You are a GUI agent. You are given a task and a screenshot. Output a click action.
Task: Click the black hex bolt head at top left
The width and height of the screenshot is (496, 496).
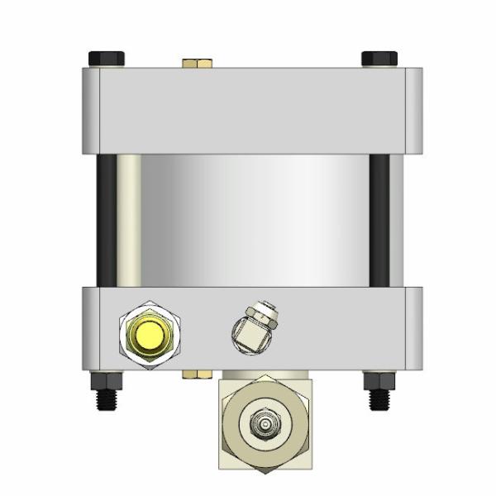106,59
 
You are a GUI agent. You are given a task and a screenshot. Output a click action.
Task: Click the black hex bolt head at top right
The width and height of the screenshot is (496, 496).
379,59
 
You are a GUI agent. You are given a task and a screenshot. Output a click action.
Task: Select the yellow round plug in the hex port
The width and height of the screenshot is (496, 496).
150,335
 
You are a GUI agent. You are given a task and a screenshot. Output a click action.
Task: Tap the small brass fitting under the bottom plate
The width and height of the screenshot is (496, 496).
196,374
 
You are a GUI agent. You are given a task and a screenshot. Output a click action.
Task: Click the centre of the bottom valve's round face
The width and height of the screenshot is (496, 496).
265,424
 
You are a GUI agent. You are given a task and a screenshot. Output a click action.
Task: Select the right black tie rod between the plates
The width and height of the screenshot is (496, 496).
379,219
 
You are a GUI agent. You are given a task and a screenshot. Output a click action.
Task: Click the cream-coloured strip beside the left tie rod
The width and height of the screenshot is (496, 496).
128,219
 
